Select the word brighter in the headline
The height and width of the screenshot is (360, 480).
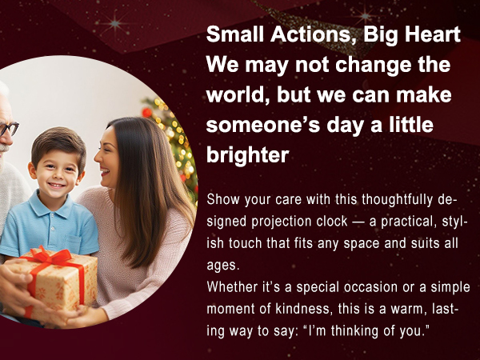click(247, 154)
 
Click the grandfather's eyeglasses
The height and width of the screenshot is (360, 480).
click(8, 128)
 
